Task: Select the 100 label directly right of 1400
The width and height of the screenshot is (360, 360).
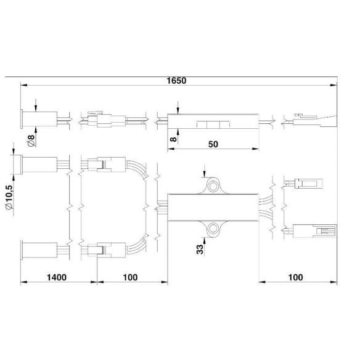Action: [x=130, y=278]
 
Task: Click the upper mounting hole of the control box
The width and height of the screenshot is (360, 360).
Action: [x=213, y=186]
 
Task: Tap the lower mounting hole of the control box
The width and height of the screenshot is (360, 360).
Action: [x=213, y=229]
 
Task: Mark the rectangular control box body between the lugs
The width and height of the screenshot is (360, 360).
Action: [x=213, y=207]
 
